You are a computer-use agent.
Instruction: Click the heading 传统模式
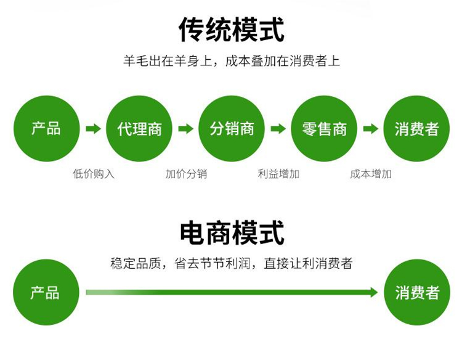coord(232,30)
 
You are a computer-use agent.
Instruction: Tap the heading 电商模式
coord(232,233)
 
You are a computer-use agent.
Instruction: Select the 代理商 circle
coord(139,129)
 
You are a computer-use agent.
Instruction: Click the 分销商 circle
coord(232,129)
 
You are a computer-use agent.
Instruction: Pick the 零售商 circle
coord(324,129)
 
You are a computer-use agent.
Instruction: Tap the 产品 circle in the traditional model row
coord(47,129)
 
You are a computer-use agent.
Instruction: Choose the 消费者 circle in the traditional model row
coord(416,129)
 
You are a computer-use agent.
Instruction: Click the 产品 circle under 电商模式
coord(46,292)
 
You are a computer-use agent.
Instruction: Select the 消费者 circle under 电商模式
coord(417,292)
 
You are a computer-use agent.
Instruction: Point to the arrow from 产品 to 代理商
coord(93,129)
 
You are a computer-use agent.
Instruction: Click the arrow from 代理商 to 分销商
coord(185,129)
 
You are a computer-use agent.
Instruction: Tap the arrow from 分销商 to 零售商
coord(278,129)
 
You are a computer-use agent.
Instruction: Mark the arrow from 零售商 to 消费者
coord(370,129)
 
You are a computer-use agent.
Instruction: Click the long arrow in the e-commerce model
coord(232,292)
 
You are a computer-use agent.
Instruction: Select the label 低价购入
coord(94,174)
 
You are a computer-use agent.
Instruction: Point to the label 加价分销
coord(186,174)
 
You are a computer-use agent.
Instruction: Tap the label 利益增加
coord(278,174)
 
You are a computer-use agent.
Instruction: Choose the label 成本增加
coord(371,174)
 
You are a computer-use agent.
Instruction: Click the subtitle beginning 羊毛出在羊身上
coord(232,61)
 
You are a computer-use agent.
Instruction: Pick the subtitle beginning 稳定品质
coord(232,263)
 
